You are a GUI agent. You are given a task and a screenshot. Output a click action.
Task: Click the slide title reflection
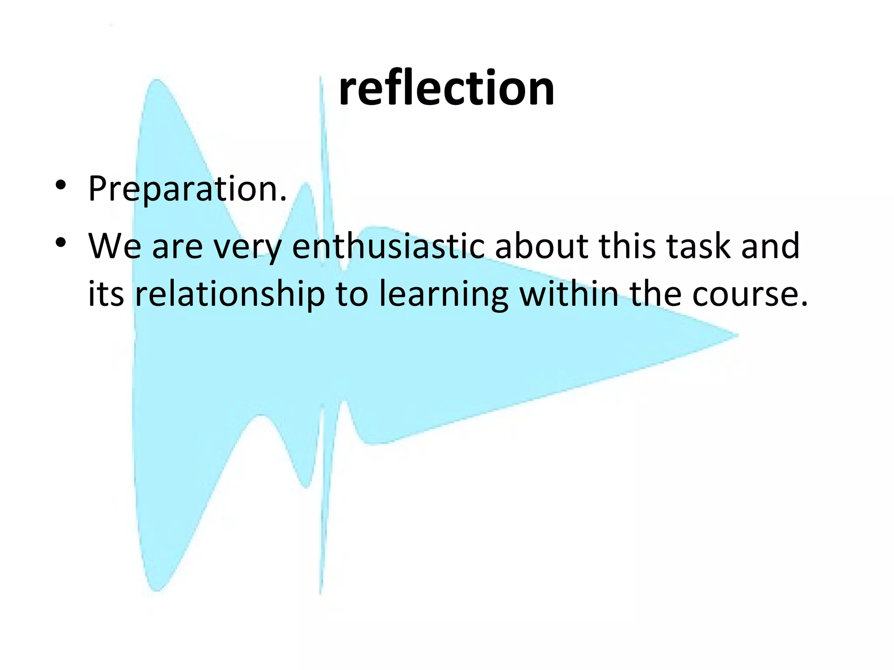pyautogui.click(x=446, y=89)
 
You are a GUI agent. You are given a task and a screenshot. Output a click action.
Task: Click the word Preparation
pyautogui.click(x=187, y=188)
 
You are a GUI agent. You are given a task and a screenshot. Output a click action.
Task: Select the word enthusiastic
pyautogui.click(x=388, y=246)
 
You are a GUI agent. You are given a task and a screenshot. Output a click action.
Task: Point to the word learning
pyautogui.click(x=444, y=294)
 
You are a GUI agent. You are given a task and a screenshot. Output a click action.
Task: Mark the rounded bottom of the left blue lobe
pyautogui.click(x=156, y=589)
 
